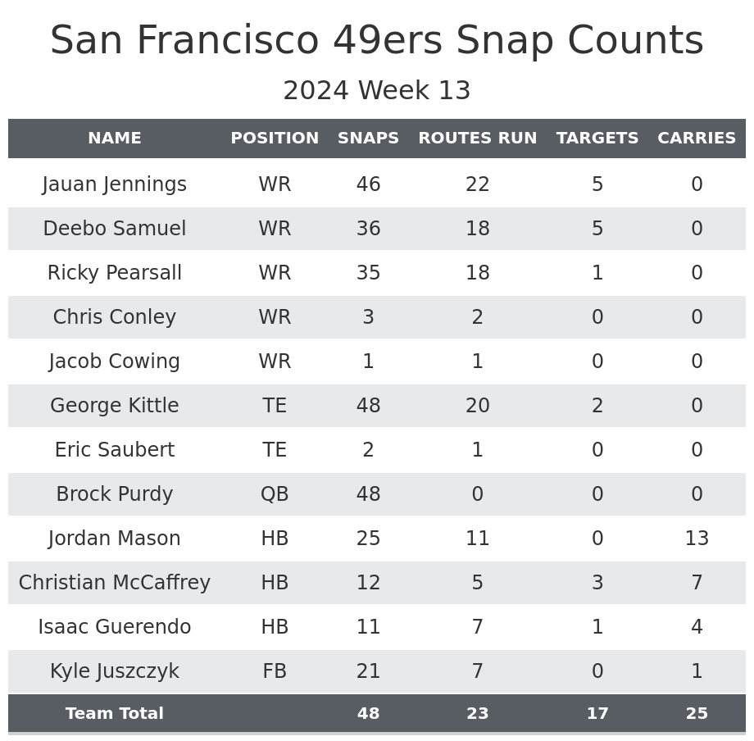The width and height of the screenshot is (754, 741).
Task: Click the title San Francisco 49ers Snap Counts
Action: [x=377, y=41]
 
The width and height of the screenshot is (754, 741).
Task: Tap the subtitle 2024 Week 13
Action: [x=377, y=91]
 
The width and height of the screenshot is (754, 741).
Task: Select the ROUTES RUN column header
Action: [x=478, y=139]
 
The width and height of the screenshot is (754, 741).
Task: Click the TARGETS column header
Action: [x=597, y=139]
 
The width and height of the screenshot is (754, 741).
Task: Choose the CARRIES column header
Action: [x=697, y=139]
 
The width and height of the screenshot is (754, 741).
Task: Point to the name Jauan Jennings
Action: [x=115, y=184]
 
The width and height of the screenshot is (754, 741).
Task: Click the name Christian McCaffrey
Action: [x=115, y=583]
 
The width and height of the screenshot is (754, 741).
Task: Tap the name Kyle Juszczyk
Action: [x=115, y=671]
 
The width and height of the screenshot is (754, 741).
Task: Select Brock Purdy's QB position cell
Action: [x=275, y=494]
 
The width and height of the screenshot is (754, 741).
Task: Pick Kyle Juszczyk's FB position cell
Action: [x=275, y=671]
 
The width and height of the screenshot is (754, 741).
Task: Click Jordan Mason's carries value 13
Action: [x=697, y=539]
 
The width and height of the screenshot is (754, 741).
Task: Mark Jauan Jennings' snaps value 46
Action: [x=368, y=184]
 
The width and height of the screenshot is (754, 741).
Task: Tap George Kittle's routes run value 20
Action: [x=478, y=406]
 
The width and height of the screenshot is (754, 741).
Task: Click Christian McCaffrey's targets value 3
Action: [x=597, y=583]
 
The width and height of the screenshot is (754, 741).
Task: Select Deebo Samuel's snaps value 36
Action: [x=368, y=229]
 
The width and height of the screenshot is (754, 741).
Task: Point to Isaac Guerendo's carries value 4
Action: [x=697, y=627]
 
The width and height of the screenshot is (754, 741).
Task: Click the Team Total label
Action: [x=115, y=714]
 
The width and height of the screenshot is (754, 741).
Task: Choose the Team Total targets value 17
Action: [x=597, y=714]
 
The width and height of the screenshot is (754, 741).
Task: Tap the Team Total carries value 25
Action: [x=697, y=714]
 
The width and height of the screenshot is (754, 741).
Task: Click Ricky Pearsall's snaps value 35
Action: [x=368, y=273]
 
